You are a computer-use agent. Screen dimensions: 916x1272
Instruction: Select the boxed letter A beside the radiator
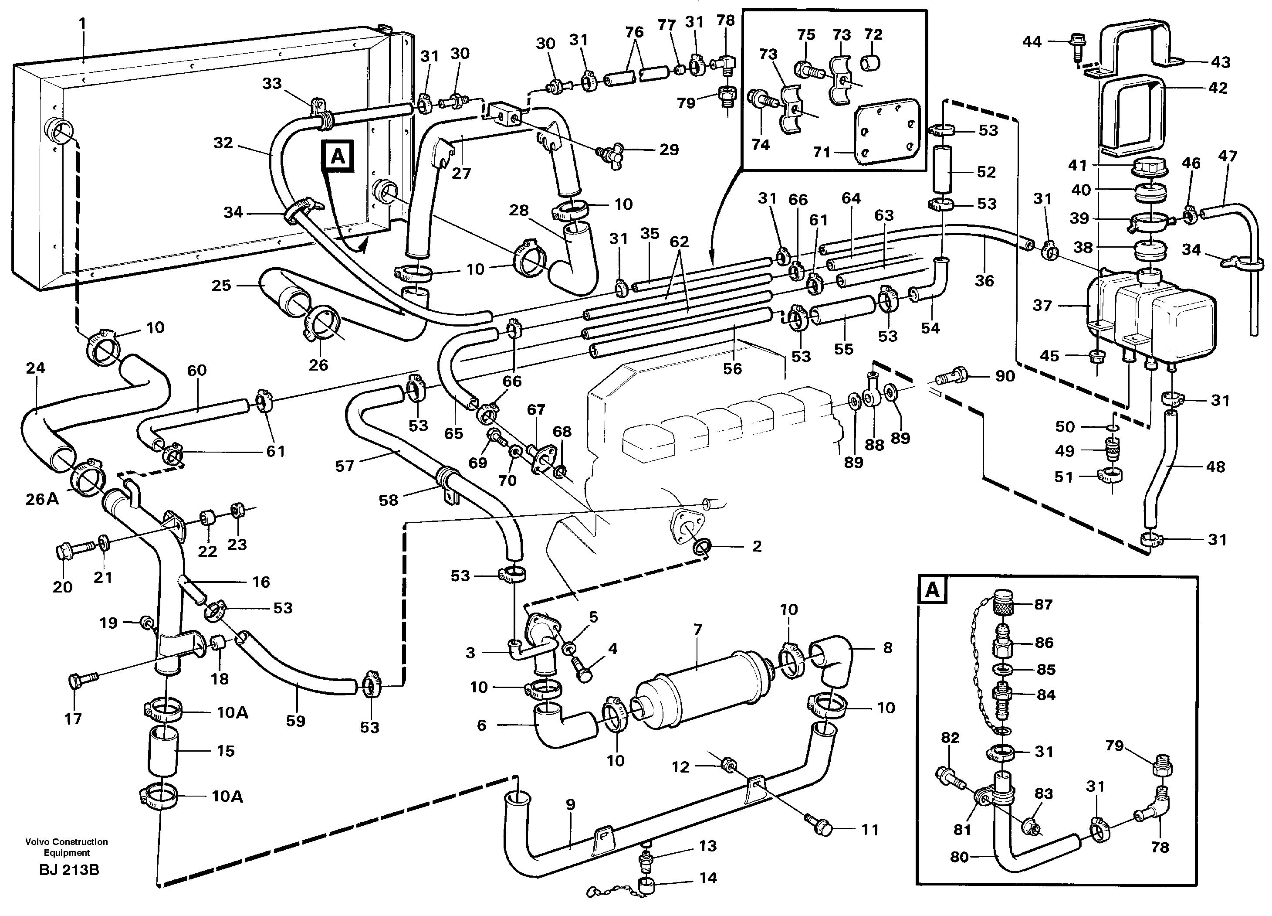point(338,156)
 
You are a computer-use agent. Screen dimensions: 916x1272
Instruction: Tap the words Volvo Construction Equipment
point(66,847)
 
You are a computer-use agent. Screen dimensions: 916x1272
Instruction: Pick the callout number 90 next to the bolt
point(1005,376)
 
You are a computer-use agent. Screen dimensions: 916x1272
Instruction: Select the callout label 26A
point(42,499)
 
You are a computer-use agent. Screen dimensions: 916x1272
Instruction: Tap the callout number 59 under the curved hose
point(296,721)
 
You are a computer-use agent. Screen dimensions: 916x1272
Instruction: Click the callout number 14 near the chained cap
point(708,877)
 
